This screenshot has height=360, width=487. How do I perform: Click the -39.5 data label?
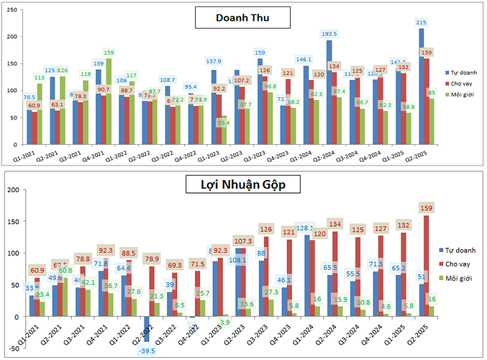click(147, 351)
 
